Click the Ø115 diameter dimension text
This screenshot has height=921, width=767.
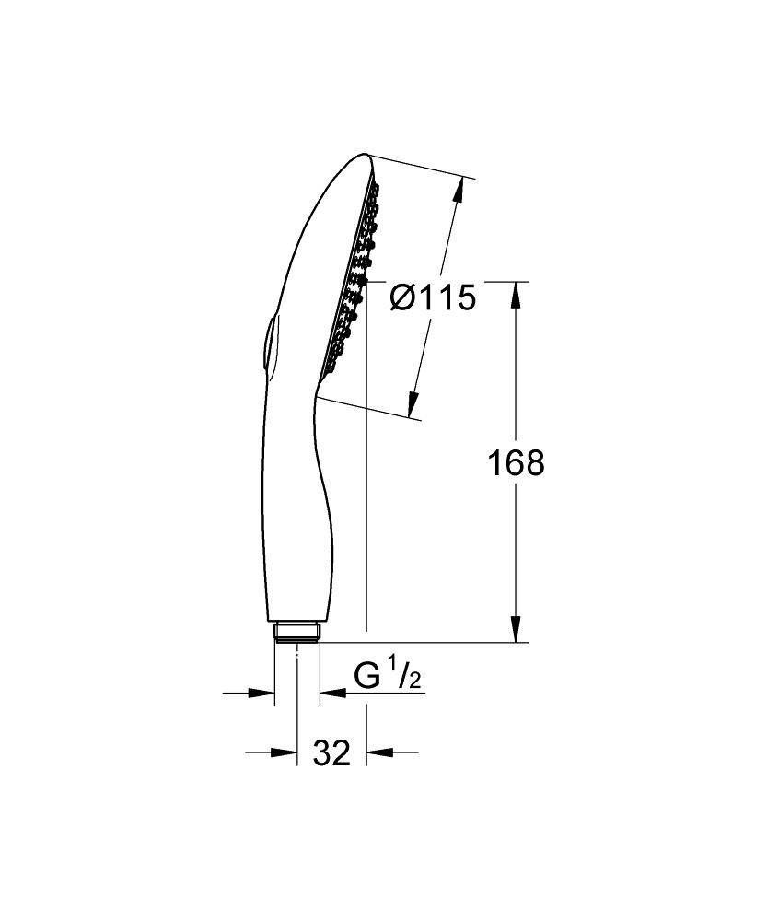(432, 297)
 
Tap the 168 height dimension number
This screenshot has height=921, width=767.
(516, 462)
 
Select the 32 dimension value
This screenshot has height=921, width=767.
(331, 752)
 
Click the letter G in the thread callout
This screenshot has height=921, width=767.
(368, 677)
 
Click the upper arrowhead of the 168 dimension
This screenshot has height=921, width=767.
(516, 293)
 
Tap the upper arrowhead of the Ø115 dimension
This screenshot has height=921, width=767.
(456, 191)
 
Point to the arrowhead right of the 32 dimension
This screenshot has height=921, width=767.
(378, 752)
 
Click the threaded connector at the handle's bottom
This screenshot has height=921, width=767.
(297, 633)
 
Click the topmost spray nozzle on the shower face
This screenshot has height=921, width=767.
(376, 188)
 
